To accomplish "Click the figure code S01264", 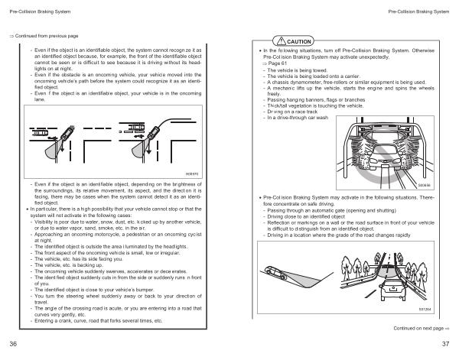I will pos(426,309).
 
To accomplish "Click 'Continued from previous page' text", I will pos(44,36).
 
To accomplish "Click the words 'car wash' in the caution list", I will pos(316,118).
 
